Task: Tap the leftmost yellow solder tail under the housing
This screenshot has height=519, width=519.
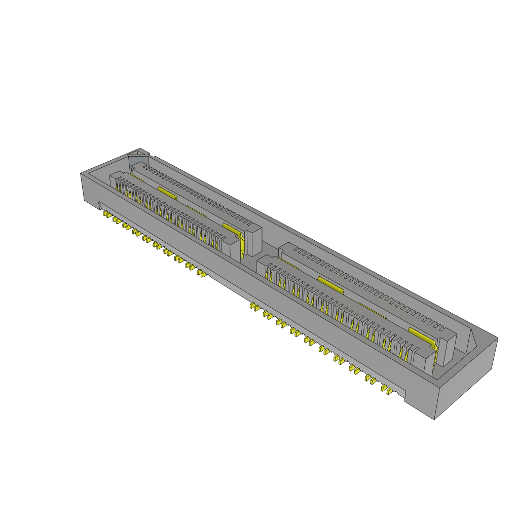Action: pos(106,215)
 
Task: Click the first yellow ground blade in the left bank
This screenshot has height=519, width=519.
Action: pos(166,191)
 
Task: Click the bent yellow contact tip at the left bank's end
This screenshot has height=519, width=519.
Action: pos(243,245)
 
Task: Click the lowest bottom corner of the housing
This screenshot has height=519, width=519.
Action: pos(435,419)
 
